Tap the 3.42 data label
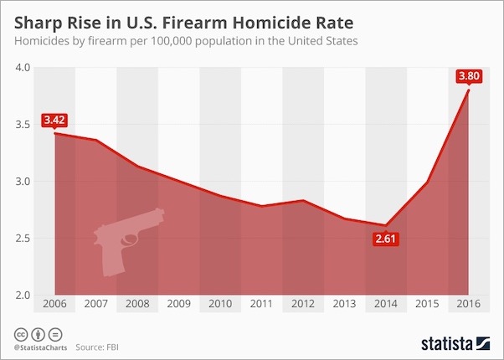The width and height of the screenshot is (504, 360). [54, 120]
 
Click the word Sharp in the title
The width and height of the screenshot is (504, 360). [36, 18]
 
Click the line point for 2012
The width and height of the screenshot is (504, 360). [302, 201]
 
